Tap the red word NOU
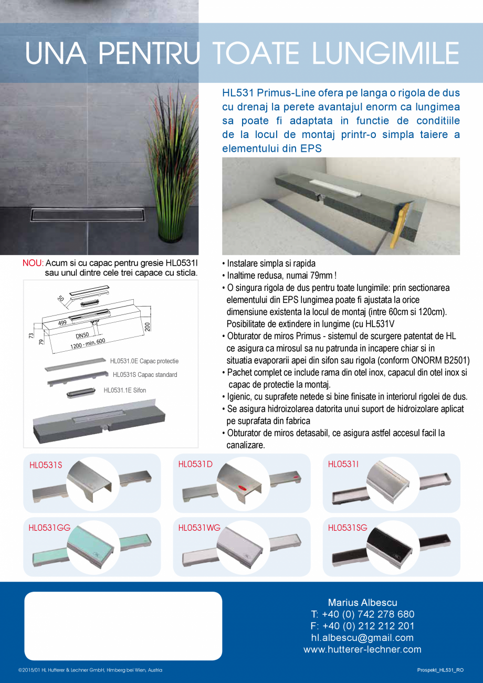coord(33,264)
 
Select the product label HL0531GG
coord(49,528)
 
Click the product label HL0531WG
coord(199,528)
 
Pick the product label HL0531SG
coord(348,528)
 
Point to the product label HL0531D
coord(195,464)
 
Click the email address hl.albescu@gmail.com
coord(362,638)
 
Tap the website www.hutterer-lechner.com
coord(362,649)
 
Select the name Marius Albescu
coord(362,603)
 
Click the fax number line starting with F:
coord(362,626)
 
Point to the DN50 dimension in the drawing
coord(82,335)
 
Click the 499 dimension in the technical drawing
coord(62,323)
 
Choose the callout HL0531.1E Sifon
coord(124,390)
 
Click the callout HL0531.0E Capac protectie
coord(144,361)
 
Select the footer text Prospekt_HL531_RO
coord(440,670)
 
